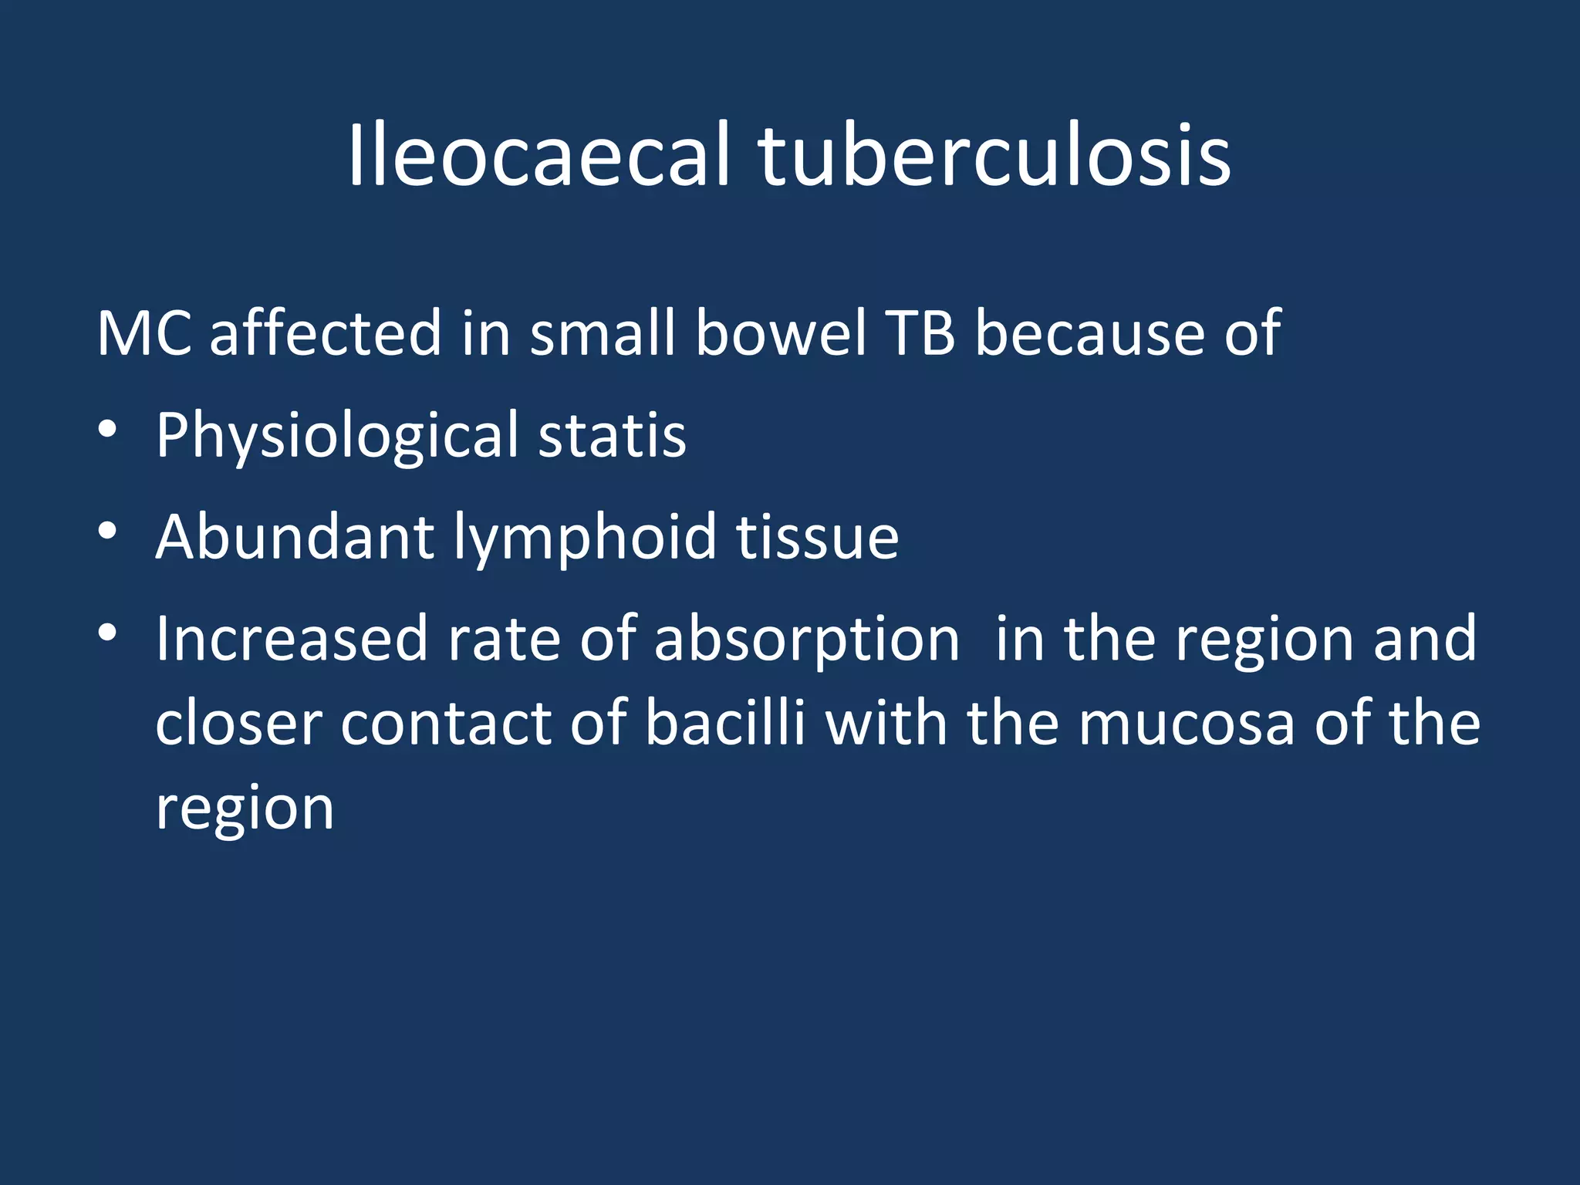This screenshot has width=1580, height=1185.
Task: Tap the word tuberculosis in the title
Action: click(994, 157)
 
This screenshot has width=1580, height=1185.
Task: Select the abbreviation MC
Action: click(144, 333)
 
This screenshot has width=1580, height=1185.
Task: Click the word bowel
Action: click(781, 333)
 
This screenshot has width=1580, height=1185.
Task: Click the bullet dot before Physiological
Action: click(108, 429)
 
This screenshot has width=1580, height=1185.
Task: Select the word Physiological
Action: click(337, 437)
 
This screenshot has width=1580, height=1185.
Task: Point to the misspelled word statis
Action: click(611, 435)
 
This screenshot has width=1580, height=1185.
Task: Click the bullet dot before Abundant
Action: click(108, 531)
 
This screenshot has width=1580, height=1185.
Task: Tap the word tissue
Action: click(817, 537)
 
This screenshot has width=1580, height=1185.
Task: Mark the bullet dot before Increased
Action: click(108, 633)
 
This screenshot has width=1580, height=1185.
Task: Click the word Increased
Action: click(292, 639)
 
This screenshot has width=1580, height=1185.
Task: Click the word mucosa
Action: click(1187, 724)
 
